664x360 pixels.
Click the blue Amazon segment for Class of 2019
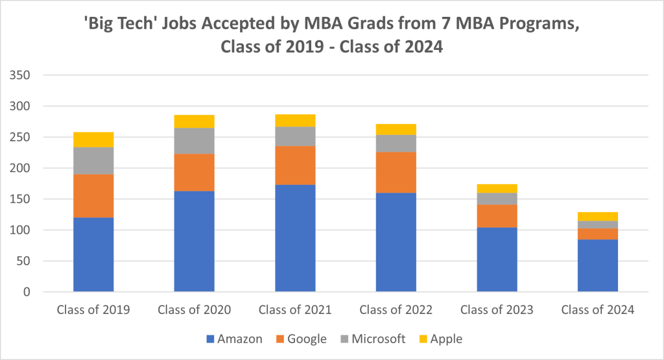(x=93, y=254)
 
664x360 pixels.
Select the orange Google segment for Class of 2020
(x=195, y=173)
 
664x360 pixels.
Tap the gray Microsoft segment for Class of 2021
(x=295, y=136)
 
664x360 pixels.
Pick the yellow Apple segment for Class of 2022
(x=396, y=129)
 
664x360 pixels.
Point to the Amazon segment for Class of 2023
(x=497, y=259)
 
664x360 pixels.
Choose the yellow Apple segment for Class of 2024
(x=598, y=217)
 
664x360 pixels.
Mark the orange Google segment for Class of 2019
(x=93, y=196)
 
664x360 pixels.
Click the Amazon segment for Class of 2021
(x=295, y=238)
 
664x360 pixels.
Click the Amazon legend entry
(x=233, y=339)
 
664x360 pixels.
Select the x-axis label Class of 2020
(x=195, y=310)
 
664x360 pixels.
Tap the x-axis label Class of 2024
(x=598, y=310)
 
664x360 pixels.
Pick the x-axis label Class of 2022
(x=396, y=310)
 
